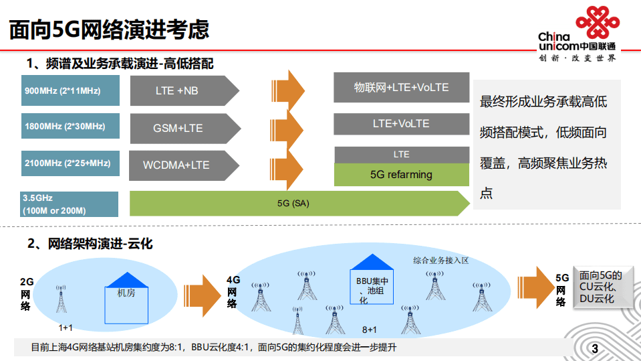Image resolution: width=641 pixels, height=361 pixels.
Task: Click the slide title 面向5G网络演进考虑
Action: [x=109, y=29]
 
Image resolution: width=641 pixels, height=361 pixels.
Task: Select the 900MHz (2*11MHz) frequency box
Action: [x=70, y=90]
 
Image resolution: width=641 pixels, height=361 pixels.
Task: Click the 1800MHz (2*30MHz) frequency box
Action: [x=70, y=127]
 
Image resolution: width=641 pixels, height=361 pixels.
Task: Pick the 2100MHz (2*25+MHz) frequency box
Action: [x=70, y=163]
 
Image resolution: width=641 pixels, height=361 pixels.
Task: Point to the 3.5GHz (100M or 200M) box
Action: [x=70, y=204]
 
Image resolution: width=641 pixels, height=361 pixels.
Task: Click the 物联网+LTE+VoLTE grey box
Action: [x=401, y=88]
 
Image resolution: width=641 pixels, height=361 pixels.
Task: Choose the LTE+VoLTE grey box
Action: [x=401, y=124]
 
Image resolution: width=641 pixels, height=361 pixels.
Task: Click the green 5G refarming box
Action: [x=401, y=175]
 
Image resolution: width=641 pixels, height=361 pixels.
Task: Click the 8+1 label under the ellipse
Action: [x=370, y=330]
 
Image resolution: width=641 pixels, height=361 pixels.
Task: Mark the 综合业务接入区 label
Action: [x=441, y=260]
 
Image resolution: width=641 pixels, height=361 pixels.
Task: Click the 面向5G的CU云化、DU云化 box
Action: [x=600, y=286]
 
